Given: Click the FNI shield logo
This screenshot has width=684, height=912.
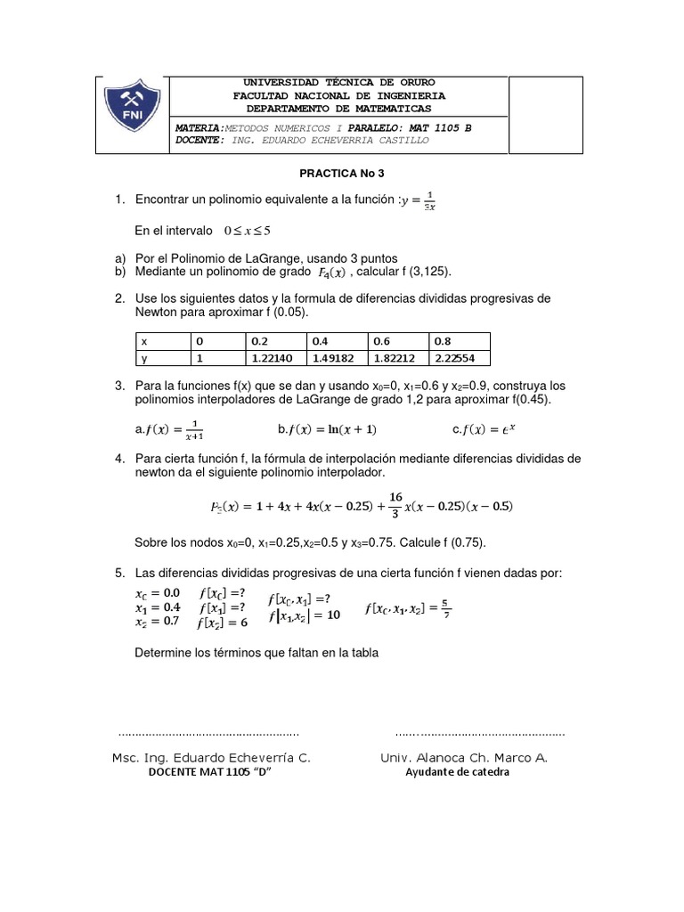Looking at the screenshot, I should point(132,115).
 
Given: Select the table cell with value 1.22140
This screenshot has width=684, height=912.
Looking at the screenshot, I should point(274,358).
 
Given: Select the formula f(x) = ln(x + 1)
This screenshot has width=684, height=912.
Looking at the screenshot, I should point(327,430).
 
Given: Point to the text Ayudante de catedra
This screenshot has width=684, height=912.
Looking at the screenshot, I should point(457,772).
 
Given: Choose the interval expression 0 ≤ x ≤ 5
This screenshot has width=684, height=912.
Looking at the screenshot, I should point(250,230).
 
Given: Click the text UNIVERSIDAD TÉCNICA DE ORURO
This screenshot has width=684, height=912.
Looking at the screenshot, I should point(338,83).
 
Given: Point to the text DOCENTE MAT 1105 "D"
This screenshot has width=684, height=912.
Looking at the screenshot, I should point(210,772).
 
